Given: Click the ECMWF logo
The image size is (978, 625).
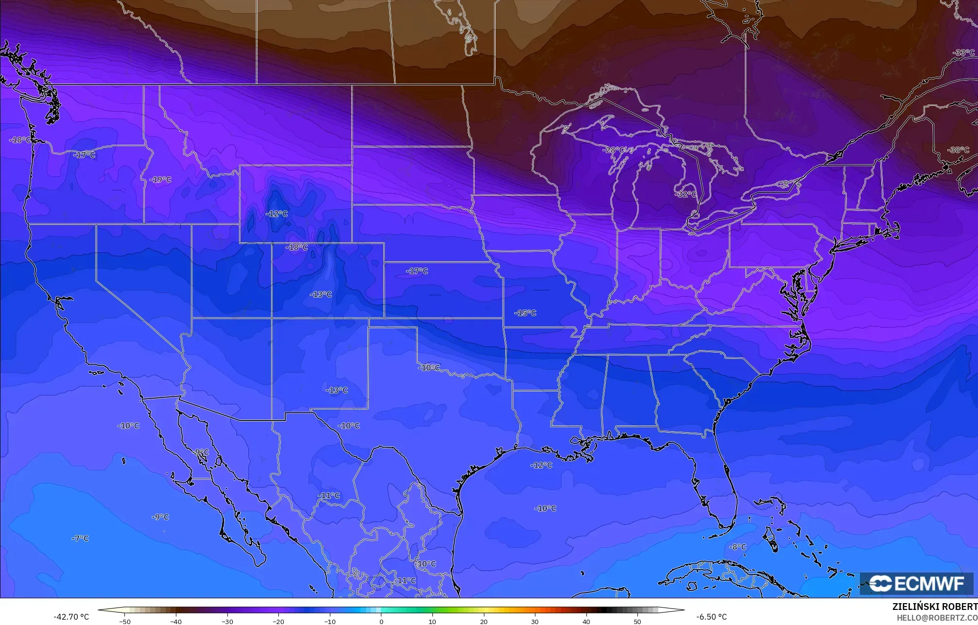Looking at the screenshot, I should pyautogui.click(x=916, y=584).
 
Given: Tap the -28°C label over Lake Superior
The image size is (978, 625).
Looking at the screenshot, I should pyautogui.click(x=614, y=150).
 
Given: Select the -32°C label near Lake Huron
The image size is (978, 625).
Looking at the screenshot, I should pyautogui.click(x=686, y=194).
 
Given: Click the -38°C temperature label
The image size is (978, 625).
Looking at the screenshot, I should pyautogui.click(x=958, y=150).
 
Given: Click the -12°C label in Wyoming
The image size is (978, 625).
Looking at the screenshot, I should pyautogui.click(x=276, y=214).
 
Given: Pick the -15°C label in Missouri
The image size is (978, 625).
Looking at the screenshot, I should pyautogui.click(x=525, y=313).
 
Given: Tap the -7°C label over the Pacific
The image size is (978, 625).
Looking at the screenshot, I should pyautogui.click(x=80, y=538).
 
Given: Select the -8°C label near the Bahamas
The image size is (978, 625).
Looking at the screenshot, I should pyautogui.click(x=737, y=547).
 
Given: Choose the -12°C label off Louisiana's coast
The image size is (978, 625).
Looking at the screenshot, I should pyautogui.click(x=541, y=465).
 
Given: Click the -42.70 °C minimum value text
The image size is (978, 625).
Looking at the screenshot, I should pyautogui.click(x=71, y=617).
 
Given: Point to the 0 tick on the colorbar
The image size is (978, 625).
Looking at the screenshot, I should pyautogui.click(x=381, y=621).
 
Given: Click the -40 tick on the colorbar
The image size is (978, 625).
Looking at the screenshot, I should pyautogui.click(x=176, y=621).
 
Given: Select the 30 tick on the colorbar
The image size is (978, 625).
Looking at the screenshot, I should pyautogui.click(x=535, y=621).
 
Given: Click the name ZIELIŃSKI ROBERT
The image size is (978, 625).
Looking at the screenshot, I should pyautogui.click(x=935, y=607).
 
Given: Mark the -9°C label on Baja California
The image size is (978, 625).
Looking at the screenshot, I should pyautogui.click(x=201, y=452).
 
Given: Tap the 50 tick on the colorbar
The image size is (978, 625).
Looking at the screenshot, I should pyautogui.click(x=637, y=621).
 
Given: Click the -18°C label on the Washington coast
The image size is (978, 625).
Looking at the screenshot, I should pyautogui.click(x=20, y=140).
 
